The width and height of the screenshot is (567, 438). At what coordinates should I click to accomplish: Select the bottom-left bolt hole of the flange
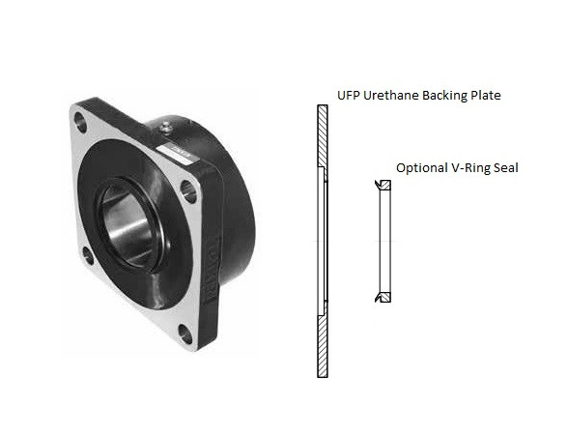pos(88,256)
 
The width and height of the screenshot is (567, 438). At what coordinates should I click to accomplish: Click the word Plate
pos(493,96)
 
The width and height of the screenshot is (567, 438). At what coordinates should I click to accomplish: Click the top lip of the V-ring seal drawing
pos(383,183)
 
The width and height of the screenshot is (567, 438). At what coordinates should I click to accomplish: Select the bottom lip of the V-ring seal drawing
pos(383,297)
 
